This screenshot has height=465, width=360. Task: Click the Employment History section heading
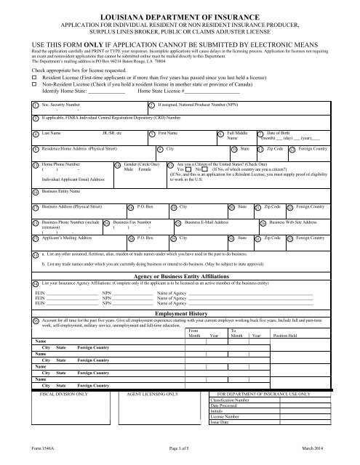pyautogui.click(x=179, y=290)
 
